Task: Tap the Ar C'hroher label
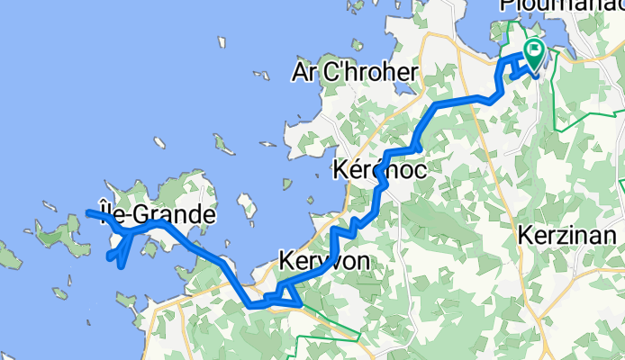pyautogui.click(x=355, y=72)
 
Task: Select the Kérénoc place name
pyautogui.click(x=379, y=168)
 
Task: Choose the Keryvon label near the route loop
pyautogui.click(x=325, y=259)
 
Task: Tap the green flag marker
pyautogui.click(x=535, y=52)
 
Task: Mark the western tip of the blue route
pyautogui.click(x=88, y=212)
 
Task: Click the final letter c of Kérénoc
pyautogui.click(x=419, y=168)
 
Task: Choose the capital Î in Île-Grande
pyautogui.click(x=101, y=214)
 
